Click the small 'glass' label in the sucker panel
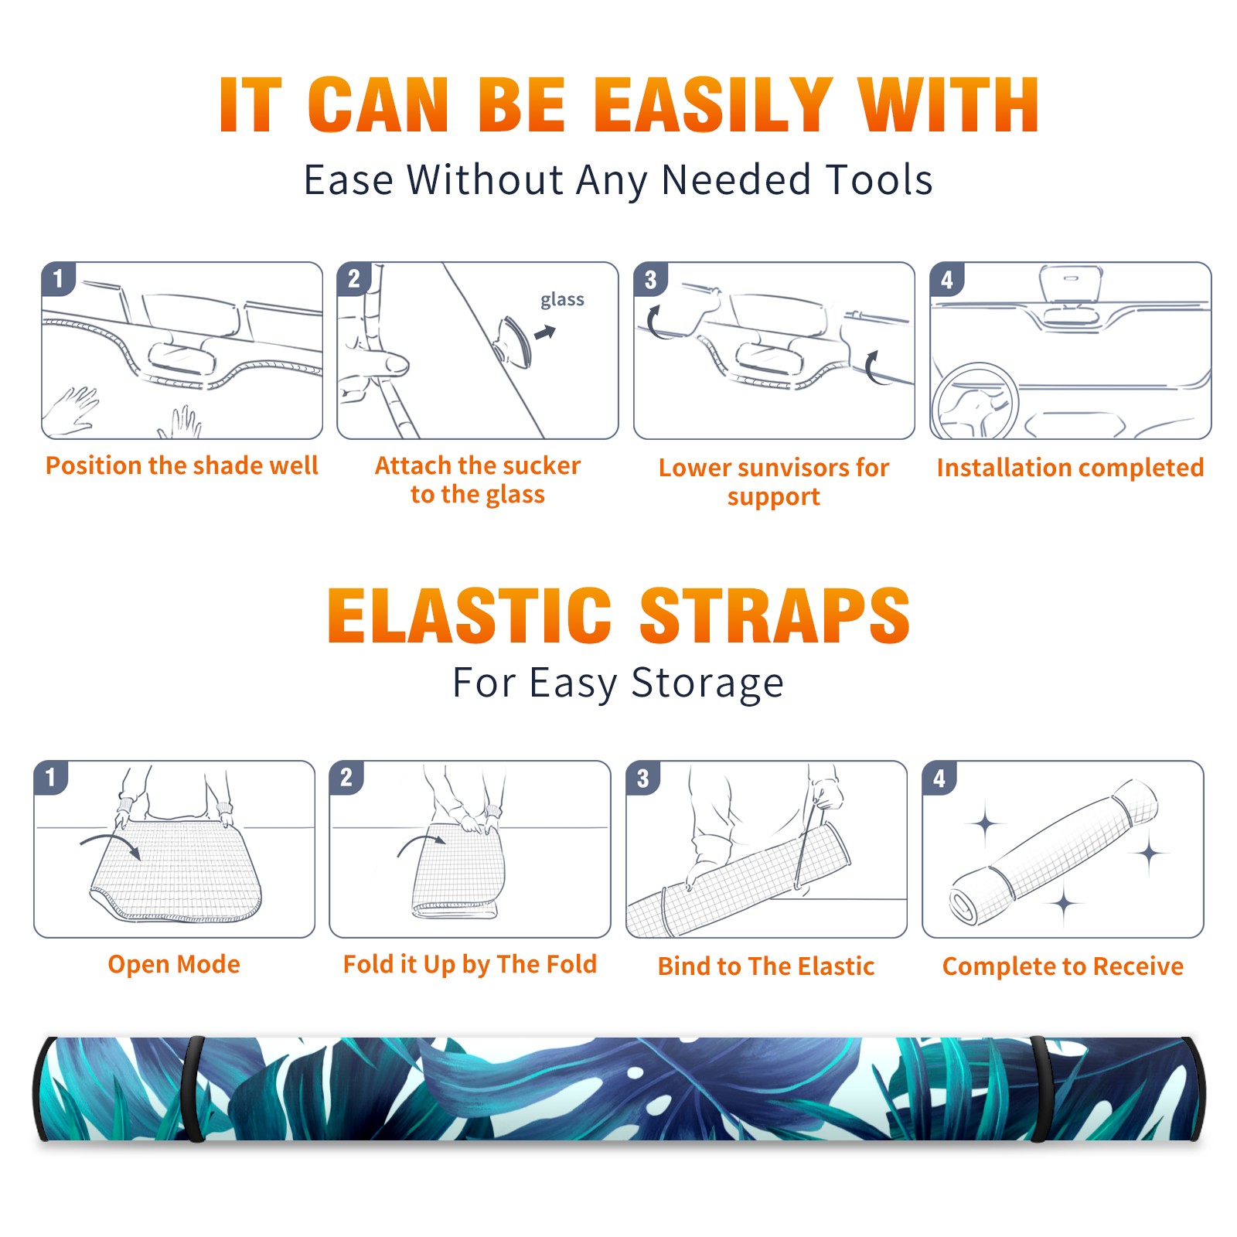pos(562,300)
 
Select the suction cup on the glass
pos(513,341)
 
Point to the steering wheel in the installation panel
pos(976,401)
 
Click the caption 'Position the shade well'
pos(182,465)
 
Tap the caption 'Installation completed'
pos(1070,468)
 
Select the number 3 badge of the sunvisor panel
pos(650,279)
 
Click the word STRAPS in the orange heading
pos(775,615)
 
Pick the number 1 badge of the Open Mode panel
pos(51,777)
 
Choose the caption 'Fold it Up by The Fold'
pos(470,965)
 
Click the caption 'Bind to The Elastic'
pos(766,966)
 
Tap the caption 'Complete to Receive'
pos(1063,966)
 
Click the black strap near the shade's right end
pos(1039,1089)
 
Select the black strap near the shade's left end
pos(193,1089)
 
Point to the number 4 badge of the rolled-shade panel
pos(939,777)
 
